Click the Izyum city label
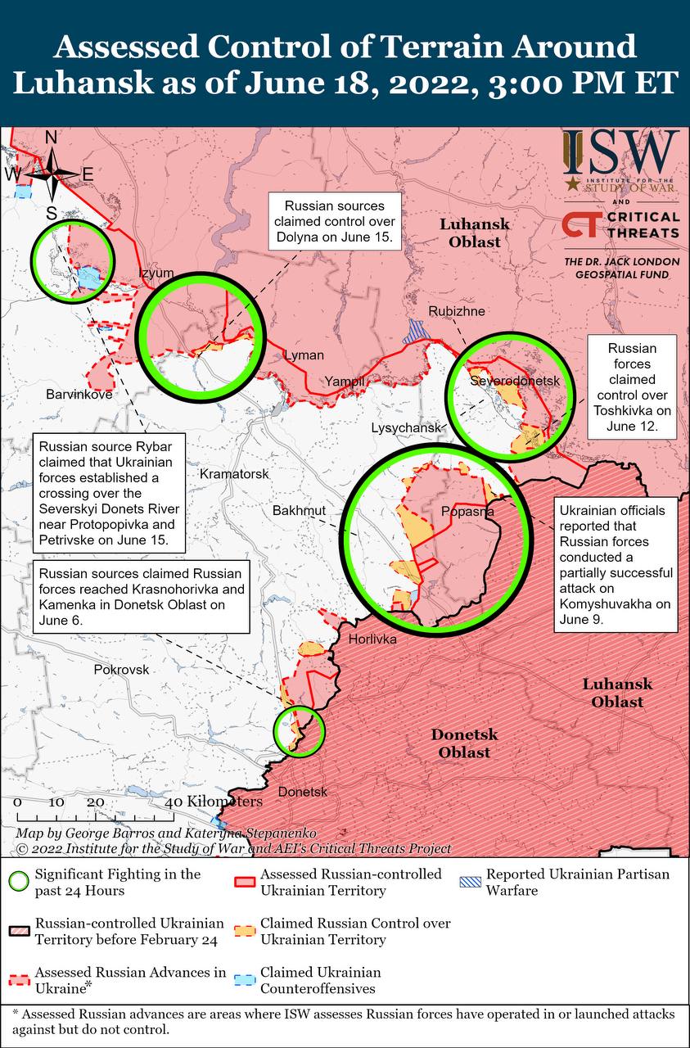(156, 273)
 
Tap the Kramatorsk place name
(234, 474)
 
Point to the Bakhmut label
(299, 511)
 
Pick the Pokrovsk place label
(122, 669)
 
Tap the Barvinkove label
(79, 394)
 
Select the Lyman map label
(304, 355)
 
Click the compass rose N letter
(51, 138)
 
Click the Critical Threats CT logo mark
(580, 225)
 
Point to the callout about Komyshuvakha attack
(616, 564)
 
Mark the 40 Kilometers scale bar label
(217, 802)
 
